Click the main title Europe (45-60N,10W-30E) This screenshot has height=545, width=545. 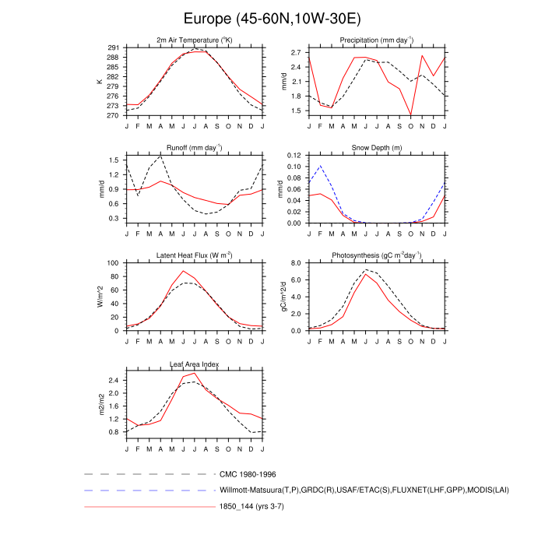click(x=272, y=19)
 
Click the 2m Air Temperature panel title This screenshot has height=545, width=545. click(x=195, y=40)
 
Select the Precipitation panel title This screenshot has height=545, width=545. click(x=376, y=40)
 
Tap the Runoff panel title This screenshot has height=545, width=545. click(x=195, y=147)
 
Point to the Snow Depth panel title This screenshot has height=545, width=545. click(x=376, y=147)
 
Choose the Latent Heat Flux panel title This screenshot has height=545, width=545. click(x=195, y=255)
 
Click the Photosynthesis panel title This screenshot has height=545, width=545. click(x=376, y=255)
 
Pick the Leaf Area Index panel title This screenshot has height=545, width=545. click(x=195, y=363)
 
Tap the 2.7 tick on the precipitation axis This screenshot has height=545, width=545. click(x=297, y=53)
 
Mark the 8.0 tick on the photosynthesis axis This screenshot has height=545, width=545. click(x=297, y=263)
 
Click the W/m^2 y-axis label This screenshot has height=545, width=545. click(x=100, y=297)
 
